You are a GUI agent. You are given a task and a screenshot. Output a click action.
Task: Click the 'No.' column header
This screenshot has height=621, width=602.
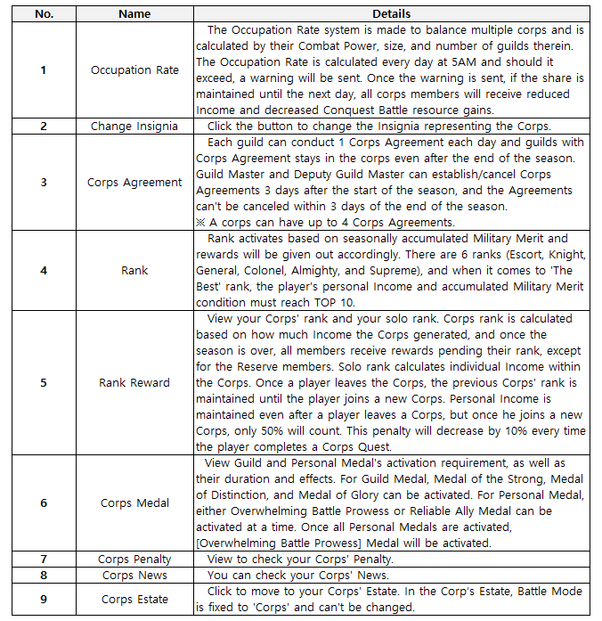43,13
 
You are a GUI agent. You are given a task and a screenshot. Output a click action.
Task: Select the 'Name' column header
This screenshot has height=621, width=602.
134,13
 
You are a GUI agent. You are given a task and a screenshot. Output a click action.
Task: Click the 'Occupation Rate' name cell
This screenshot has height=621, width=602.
134,70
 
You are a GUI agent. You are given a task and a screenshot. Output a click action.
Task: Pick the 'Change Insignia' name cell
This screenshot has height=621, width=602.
134,127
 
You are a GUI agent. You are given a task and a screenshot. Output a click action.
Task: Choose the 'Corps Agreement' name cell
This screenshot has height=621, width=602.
134,183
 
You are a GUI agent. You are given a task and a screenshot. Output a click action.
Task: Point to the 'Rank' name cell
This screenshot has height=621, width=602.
134,270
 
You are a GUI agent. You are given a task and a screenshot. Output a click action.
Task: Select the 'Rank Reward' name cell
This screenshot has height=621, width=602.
134,382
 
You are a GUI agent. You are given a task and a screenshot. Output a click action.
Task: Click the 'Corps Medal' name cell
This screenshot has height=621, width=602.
134,503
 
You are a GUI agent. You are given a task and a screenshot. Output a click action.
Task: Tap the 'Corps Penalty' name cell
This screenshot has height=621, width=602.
134,560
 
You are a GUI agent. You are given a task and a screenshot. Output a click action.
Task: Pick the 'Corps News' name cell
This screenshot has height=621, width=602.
134,576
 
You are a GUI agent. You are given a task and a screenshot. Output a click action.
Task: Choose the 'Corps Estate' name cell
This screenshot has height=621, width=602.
134,600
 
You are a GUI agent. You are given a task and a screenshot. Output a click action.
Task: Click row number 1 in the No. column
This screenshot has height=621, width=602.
43,70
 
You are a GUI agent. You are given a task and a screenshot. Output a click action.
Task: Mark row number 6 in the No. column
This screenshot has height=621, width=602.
43,503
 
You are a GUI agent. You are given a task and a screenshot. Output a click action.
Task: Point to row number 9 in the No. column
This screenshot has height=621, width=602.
43,600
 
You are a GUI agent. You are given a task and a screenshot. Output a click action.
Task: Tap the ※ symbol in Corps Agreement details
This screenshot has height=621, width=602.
201,222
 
